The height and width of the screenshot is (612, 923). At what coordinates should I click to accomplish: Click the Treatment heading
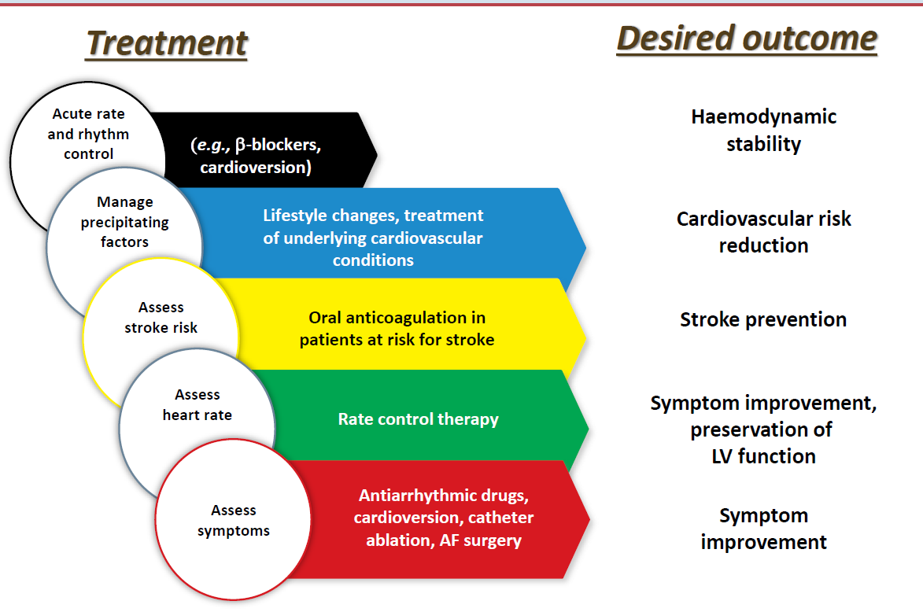[166, 42]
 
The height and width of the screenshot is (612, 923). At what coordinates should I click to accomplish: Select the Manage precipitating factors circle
[124, 223]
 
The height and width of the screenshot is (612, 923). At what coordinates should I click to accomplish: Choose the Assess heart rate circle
[197, 404]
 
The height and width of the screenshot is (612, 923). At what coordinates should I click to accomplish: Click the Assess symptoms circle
[234, 520]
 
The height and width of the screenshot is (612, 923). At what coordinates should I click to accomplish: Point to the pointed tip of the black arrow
[377, 149]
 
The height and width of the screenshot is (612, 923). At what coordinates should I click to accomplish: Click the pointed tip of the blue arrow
[585, 247]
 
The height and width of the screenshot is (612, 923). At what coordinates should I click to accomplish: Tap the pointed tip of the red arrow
[589, 519]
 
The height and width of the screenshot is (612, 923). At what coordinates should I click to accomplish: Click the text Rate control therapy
[418, 419]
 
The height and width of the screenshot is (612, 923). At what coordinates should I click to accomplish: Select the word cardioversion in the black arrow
[253, 168]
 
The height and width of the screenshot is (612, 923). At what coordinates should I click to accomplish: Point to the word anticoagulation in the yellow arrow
[413, 318]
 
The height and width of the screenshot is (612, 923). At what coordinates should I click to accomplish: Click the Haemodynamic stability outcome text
[763, 131]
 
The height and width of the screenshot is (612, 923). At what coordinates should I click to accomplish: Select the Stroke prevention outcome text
[763, 319]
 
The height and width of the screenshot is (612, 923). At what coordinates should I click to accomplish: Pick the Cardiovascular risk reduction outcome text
[763, 231]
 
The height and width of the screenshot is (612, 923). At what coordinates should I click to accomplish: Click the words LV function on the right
[763, 456]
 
